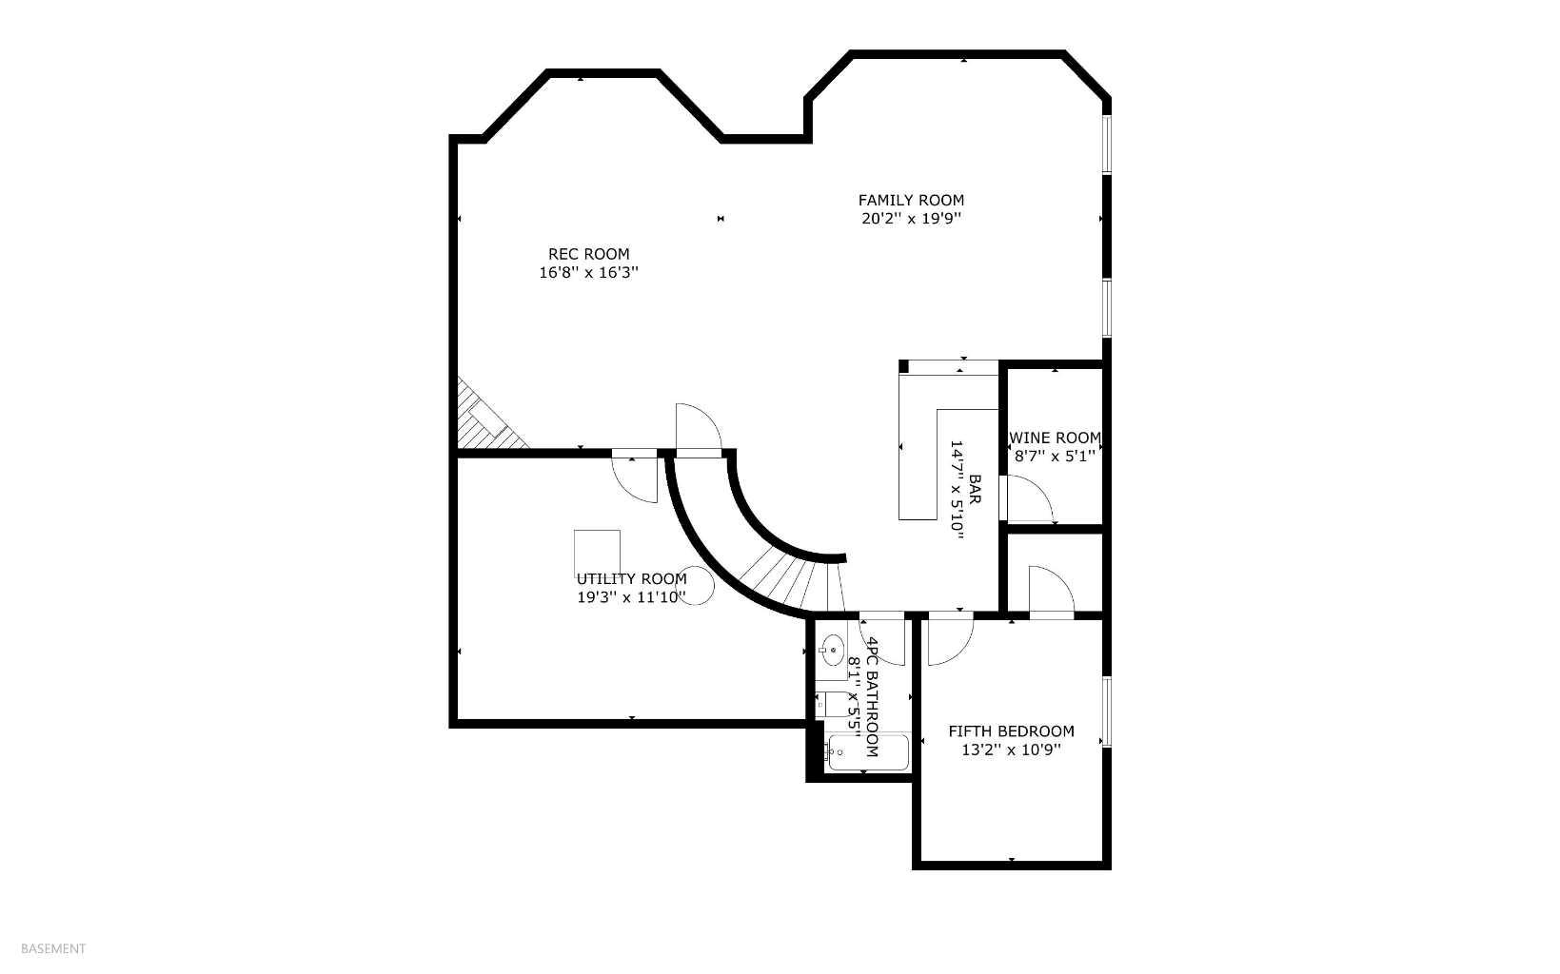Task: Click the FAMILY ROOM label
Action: (911, 200)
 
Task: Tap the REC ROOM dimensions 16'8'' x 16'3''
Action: (588, 272)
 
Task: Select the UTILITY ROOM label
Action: (631, 578)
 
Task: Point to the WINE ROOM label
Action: (1055, 438)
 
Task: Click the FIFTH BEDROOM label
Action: (1011, 730)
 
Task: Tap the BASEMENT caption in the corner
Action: (53, 948)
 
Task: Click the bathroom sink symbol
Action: (833, 651)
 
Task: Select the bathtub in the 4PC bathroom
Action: (867, 751)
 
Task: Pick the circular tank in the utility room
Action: (696, 585)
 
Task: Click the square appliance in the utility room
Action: (597, 552)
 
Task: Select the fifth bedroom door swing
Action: (948, 641)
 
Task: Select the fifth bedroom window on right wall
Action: (1106, 711)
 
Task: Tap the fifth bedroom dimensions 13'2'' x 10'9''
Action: (1011, 750)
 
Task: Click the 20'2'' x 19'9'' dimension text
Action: (911, 219)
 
